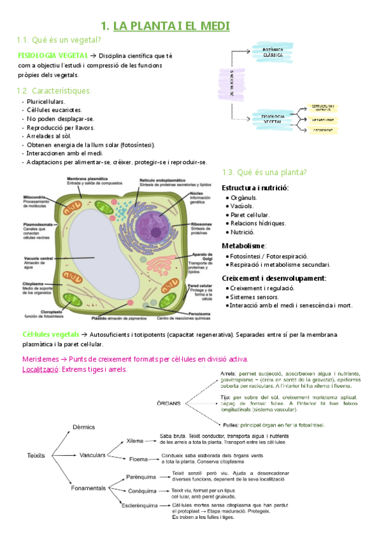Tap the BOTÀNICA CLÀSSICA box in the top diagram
tap(272, 51)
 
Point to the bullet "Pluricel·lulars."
tap(46, 101)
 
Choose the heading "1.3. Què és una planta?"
tap(264, 173)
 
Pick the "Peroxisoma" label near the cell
tap(201, 314)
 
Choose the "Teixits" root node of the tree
tap(37, 454)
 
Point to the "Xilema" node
tap(135, 441)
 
